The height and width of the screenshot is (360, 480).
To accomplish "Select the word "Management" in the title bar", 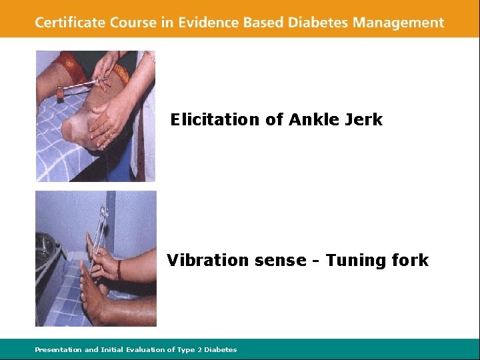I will pos(399,23).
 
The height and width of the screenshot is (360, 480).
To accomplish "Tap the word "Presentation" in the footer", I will pos(58,349).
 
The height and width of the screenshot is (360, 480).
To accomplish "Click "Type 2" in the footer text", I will pos(189,349).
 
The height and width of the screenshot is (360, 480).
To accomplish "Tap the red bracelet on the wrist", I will pos(119,269).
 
